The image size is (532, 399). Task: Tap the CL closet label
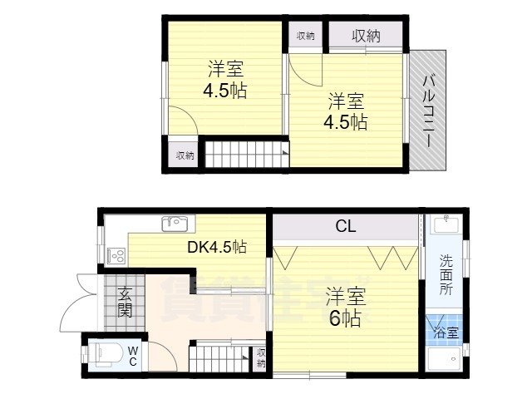click(347, 226)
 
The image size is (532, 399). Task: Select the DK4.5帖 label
click(216, 247)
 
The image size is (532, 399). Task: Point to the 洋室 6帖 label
click(343, 307)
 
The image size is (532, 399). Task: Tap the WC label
click(133, 356)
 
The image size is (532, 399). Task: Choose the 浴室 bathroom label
click(446, 333)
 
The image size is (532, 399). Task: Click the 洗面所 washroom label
click(446, 274)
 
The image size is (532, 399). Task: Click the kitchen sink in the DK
click(176, 222)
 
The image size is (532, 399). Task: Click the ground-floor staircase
click(220, 359)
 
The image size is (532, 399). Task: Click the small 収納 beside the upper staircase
click(184, 155)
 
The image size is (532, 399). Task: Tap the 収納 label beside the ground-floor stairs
click(261, 357)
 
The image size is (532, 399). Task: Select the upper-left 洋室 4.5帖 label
click(223, 80)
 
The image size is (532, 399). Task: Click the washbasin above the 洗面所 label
click(446, 224)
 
